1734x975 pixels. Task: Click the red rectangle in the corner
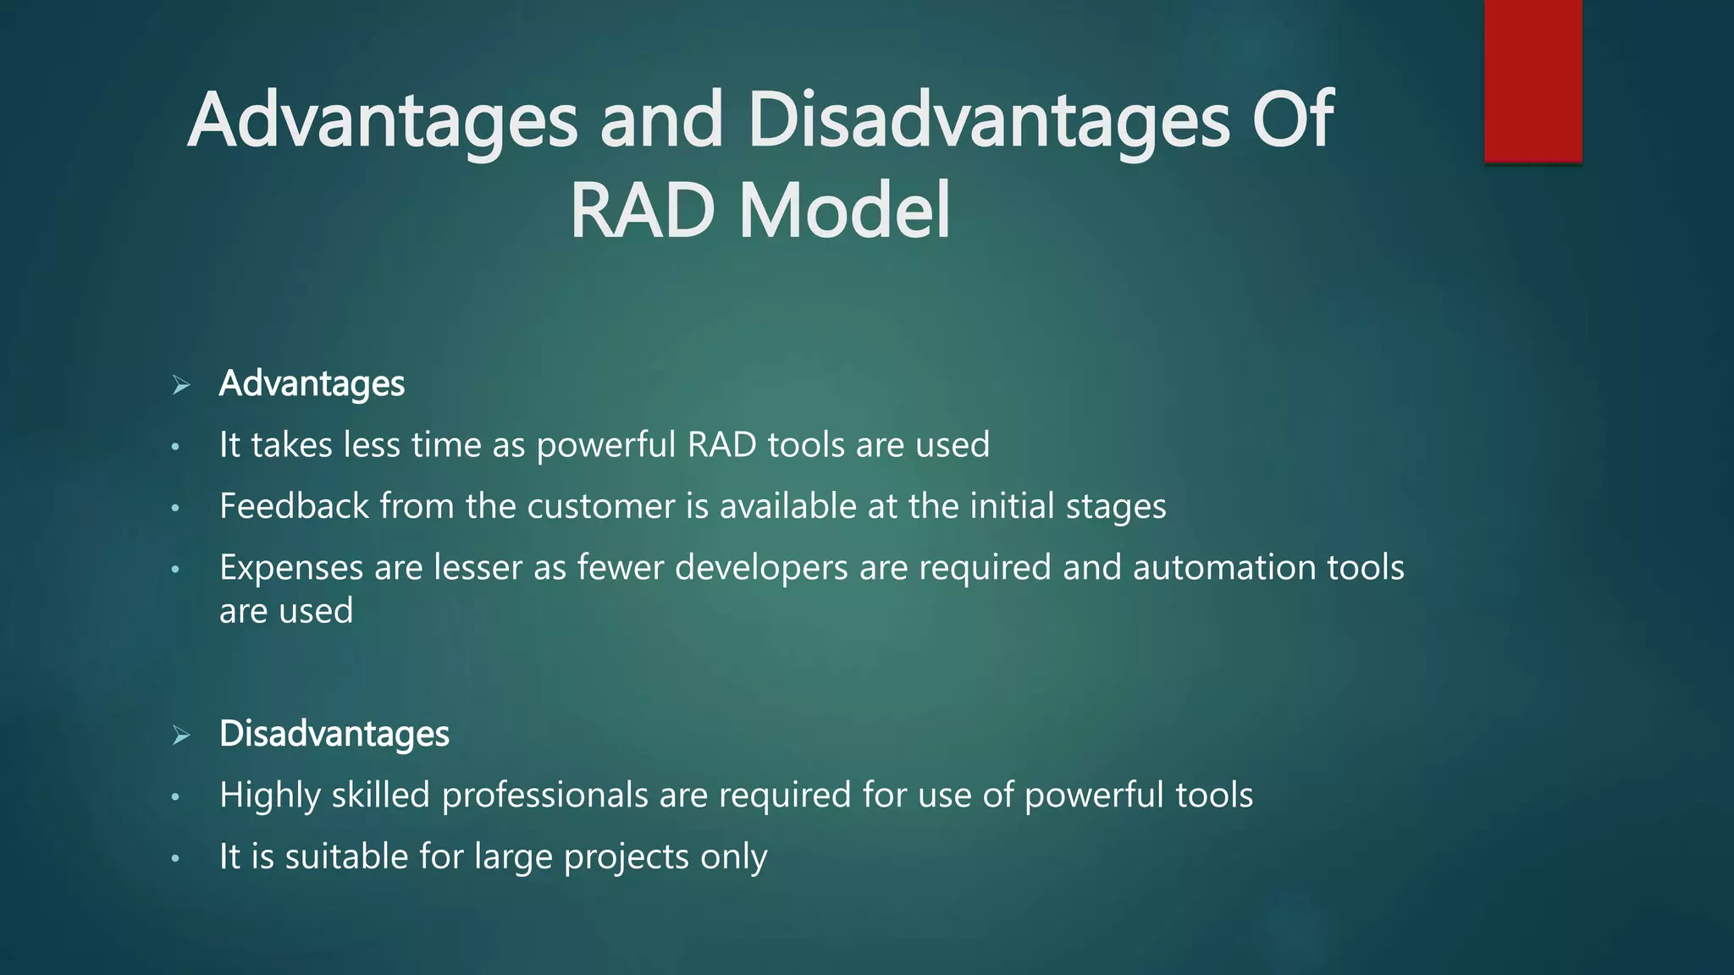pos(1532,80)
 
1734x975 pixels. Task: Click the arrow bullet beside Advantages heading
pos(180,385)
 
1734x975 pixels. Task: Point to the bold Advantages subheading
pos(312,384)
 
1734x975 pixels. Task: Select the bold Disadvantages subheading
pos(334,734)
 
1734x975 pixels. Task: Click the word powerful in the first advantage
pos(606,446)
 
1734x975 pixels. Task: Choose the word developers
pos(761,568)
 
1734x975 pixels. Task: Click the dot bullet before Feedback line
pos(175,508)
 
